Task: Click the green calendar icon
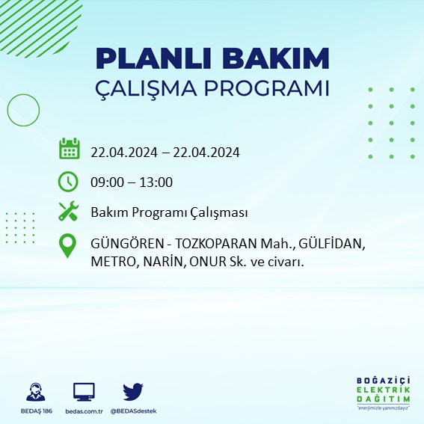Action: (x=69, y=149)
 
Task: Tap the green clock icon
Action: (x=68, y=181)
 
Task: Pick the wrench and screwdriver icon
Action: (x=69, y=212)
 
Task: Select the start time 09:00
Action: (x=107, y=182)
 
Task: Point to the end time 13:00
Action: (x=157, y=182)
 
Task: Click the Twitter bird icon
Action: (x=132, y=391)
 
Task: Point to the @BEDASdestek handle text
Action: (x=133, y=411)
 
